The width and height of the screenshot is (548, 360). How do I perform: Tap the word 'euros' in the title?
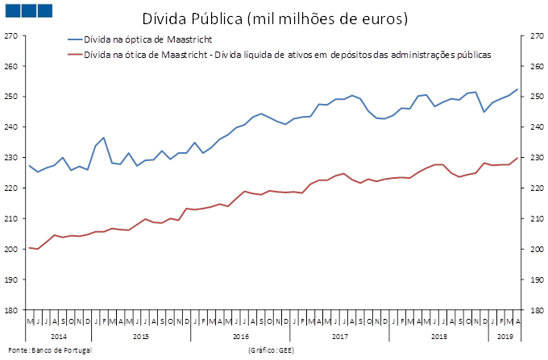[x=386, y=18]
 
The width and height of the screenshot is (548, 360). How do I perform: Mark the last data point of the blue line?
[x=517, y=89]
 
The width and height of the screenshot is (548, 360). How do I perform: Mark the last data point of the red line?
[x=517, y=158]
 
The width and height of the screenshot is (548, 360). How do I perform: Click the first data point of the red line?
[x=29, y=248]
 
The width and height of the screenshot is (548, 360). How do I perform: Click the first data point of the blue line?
[x=29, y=166]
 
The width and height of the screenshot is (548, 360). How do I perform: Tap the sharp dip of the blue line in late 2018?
[x=484, y=112]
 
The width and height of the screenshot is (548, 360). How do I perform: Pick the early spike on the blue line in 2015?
[x=104, y=138]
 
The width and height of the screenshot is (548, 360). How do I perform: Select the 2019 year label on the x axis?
[x=505, y=334]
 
